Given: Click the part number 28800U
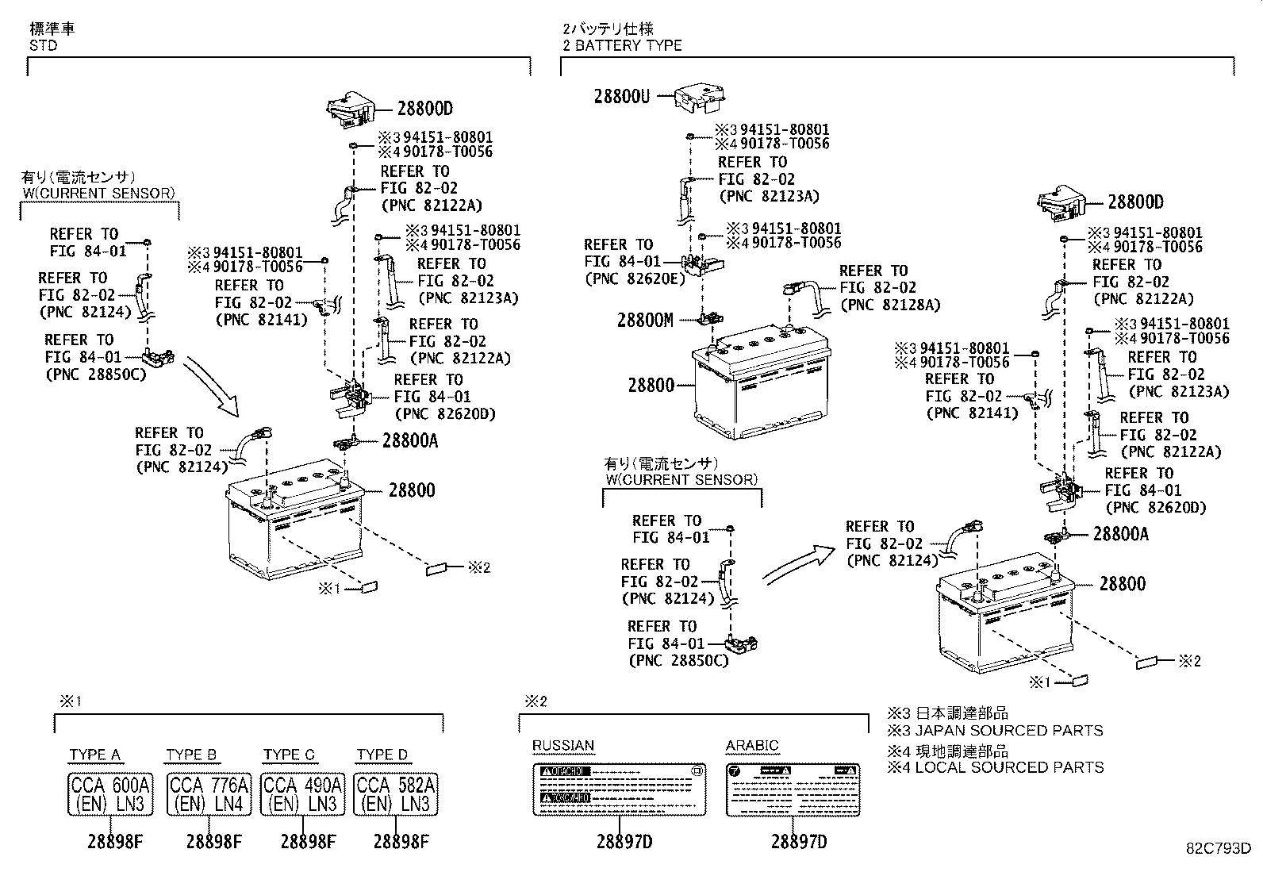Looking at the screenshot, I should (x=622, y=97).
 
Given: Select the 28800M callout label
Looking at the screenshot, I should (x=645, y=320).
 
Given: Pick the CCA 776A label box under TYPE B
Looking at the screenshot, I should (x=209, y=794).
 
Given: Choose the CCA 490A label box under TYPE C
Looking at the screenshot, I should (x=303, y=794).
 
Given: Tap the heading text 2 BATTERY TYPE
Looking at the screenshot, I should (x=622, y=45).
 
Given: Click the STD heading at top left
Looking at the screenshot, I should (x=43, y=45).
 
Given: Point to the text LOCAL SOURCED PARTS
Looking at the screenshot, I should (x=1009, y=767).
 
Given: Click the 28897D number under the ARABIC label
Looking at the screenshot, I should (x=798, y=841).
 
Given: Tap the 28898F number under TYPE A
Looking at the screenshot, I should (x=114, y=841).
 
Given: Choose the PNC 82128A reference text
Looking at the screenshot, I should (x=889, y=305).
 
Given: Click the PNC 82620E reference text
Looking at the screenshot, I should (x=634, y=279).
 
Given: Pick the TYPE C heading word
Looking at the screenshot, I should (x=289, y=755).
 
